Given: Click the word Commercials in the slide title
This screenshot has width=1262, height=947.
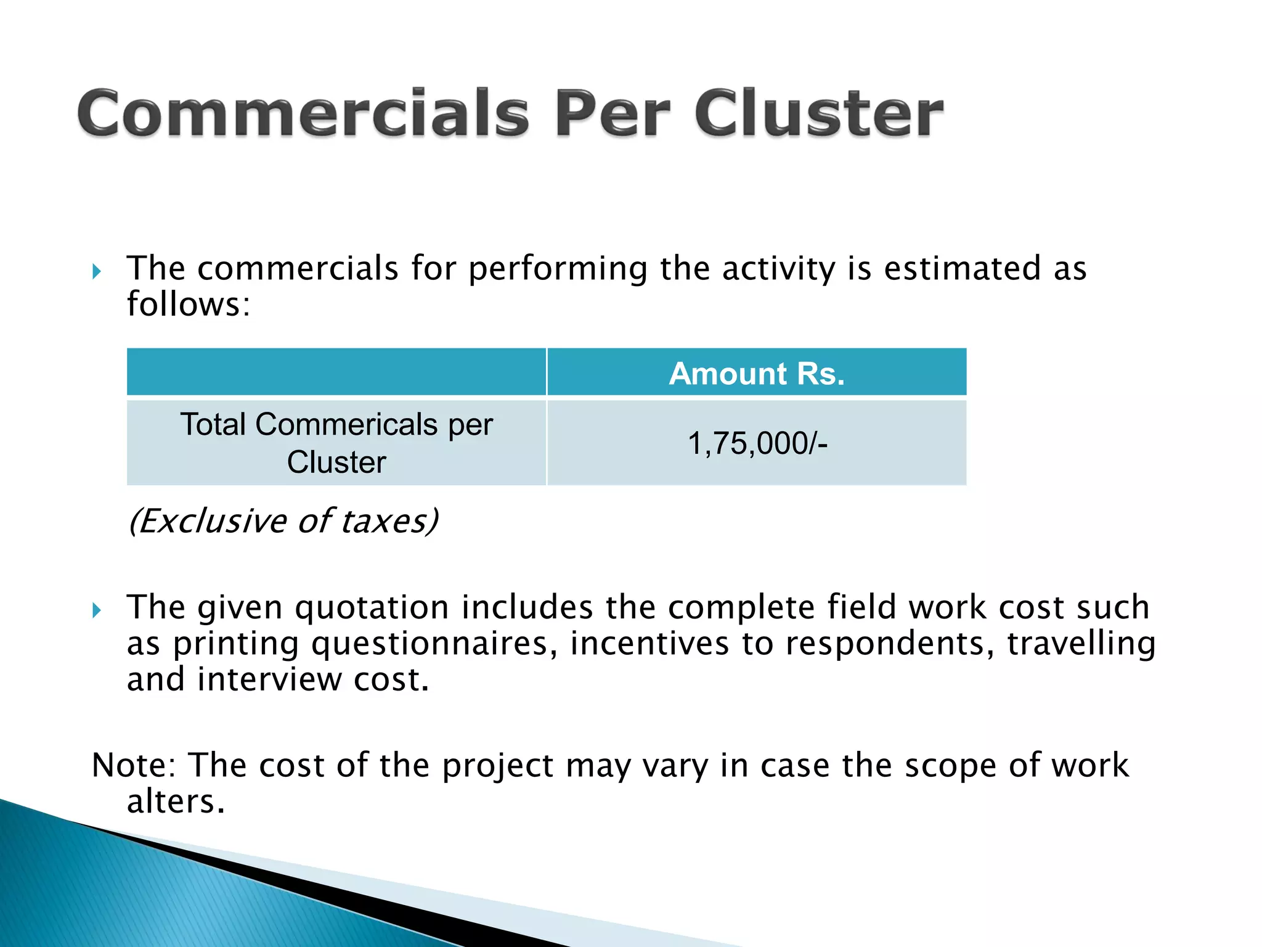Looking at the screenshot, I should (x=303, y=113).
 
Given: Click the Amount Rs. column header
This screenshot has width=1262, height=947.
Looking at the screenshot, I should (x=757, y=373).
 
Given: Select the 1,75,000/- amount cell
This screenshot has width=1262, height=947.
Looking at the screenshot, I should (x=757, y=443).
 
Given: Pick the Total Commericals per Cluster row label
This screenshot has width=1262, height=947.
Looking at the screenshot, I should (x=336, y=443).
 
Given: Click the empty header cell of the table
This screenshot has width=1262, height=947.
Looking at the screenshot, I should (x=336, y=372).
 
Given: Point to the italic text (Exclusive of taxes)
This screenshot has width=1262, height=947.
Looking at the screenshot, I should (x=283, y=521).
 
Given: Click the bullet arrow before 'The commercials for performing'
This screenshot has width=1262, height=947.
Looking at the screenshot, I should (x=97, y=271).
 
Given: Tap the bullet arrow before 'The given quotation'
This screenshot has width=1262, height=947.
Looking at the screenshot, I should (x=97, y=610).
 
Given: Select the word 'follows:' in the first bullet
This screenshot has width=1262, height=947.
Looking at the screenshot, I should (x=189, y=305).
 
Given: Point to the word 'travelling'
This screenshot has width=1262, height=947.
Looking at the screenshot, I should (x=1081, y=644).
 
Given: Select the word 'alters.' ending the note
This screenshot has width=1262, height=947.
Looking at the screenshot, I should (x=176, y=801).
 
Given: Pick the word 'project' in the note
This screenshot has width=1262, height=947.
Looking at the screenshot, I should (x=498, y=767).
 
